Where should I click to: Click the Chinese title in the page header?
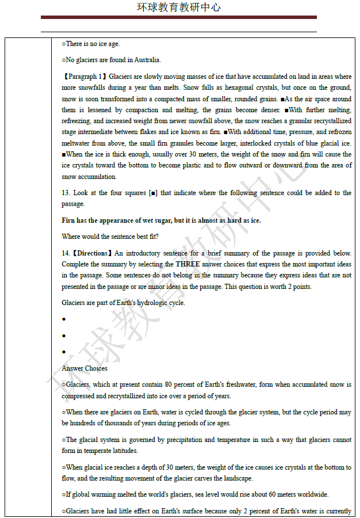click(179, 7)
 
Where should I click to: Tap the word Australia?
click(148, 60)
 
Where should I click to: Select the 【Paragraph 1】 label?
click(85, 77)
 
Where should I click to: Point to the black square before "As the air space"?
click(282, 99)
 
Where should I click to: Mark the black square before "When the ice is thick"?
click(64, 154)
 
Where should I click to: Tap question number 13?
click(66, 193)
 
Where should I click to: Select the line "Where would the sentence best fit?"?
click(110, 237)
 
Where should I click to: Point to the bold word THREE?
click(188, 264)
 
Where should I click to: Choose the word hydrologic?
click(152, 303)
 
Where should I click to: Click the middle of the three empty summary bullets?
click(64, 336)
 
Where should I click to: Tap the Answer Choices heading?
click(85, 368)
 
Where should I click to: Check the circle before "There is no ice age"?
click(64, 44)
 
